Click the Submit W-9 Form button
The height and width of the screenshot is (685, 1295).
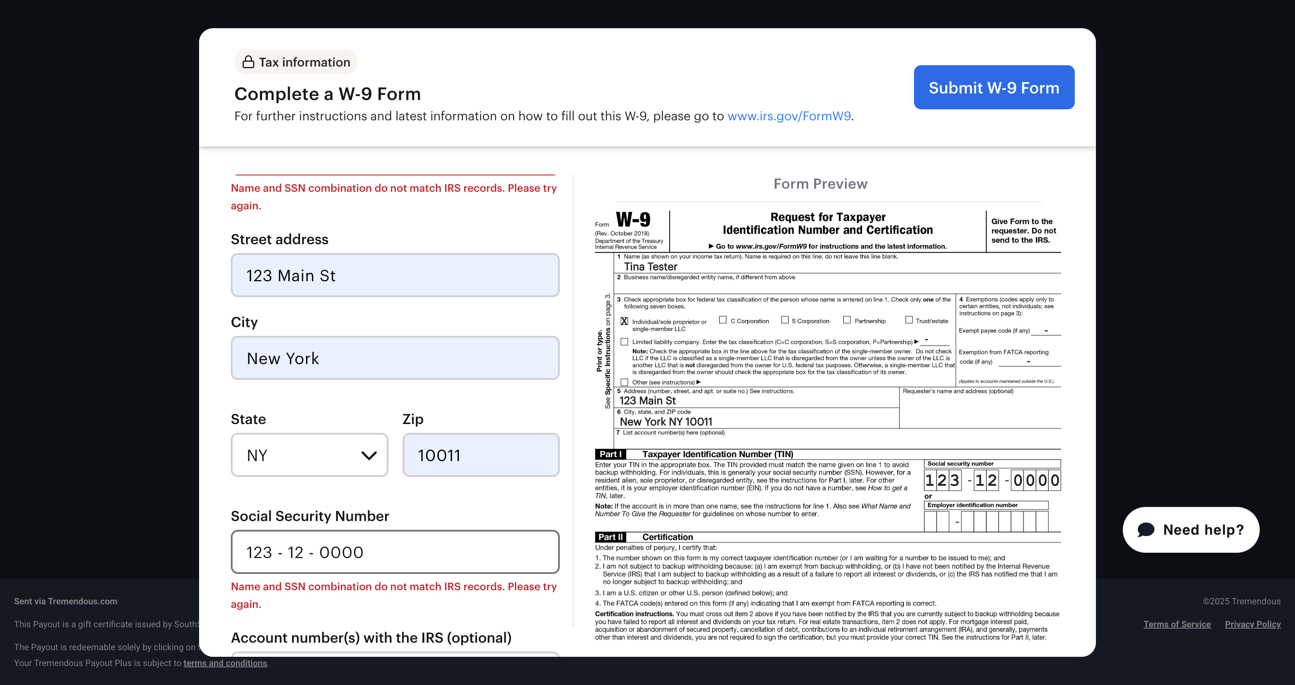[x=993, y=88]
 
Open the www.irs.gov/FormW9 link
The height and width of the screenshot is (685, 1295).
[x=789, y=116]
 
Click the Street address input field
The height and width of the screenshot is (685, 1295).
[x=395, y=275]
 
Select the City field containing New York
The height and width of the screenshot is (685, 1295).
[x=395, y=358]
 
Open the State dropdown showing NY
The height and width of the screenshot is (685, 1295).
[x=309, y=455]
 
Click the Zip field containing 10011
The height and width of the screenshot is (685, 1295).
[x=481, y=455]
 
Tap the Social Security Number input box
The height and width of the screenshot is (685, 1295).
[x=395, y=552]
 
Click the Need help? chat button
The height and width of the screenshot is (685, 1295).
[x=1191, y=529]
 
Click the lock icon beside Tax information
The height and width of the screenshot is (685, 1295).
[x=248, y=62]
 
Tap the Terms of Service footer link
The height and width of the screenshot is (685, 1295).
[x=1177, y=624]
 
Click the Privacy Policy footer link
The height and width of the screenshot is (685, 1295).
[x=1252, y=624]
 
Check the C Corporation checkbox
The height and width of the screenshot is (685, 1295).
[x=723, y=320]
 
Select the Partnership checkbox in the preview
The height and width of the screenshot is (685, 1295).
[x=847, y=320]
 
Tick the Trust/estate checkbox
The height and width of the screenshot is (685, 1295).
[x=909, y=320]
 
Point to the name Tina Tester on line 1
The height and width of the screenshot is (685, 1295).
[x=651, y=267]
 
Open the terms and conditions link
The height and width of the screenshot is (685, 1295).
[x=225, y=663]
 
